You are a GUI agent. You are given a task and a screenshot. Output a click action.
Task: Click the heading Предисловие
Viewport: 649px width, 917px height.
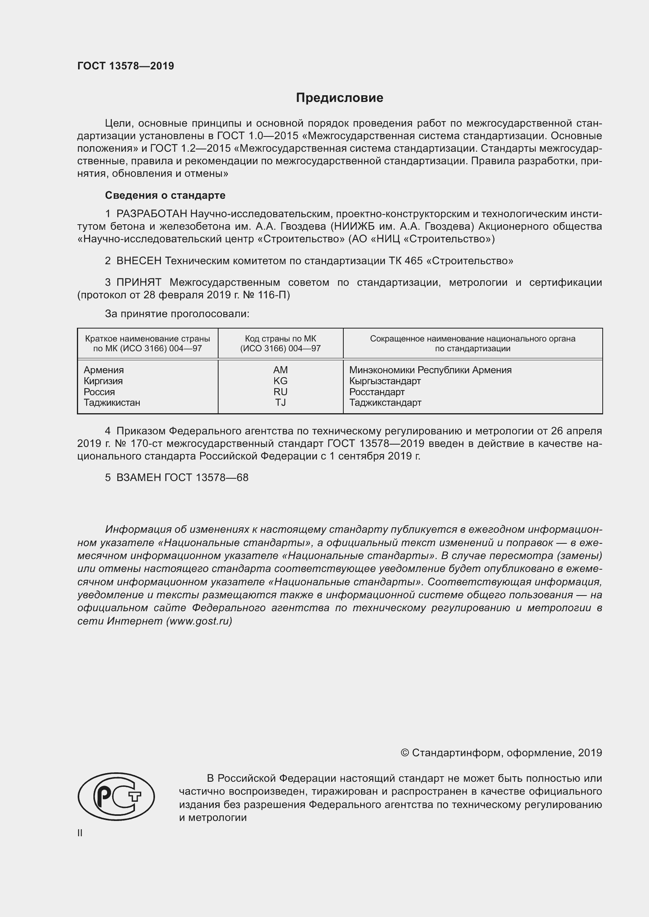click(339, 98)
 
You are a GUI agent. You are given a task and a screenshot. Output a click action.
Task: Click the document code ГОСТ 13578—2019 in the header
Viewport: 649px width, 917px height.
click(126, 66)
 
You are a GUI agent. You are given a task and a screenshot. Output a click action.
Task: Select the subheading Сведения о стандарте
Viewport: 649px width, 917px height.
click(165, 195)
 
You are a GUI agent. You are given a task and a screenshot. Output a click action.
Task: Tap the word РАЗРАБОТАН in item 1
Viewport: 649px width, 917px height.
click(151, 214)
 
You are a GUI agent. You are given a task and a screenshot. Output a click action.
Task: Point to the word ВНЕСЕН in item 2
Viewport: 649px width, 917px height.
click(139, 261)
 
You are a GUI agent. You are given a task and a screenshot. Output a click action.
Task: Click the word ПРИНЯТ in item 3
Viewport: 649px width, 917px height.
click(139, 282)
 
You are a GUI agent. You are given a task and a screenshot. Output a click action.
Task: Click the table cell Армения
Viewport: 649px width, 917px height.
click(104, 370)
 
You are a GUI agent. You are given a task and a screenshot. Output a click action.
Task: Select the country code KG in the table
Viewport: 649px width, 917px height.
click(280, 381)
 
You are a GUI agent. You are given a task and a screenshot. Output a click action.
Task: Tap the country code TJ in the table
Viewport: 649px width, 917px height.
click(280, 402)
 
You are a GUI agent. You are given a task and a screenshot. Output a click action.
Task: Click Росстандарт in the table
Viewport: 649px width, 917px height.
click(377, 392)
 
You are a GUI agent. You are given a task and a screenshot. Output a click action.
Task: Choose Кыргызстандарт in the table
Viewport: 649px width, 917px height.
click(385, 381)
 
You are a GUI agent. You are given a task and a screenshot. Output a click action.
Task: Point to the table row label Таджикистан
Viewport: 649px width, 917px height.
click(112, 402)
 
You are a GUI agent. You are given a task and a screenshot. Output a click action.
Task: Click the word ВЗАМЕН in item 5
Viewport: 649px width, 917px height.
click(139, 477)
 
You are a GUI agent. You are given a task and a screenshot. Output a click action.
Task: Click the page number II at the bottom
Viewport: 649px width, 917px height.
click(80, 833)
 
